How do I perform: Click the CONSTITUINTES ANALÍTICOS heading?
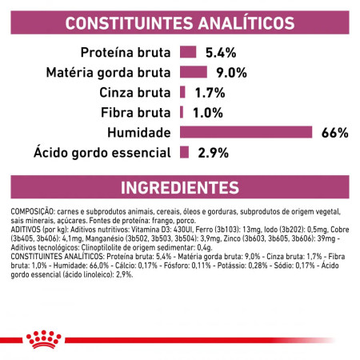[179, 22]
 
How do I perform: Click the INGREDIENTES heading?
[179, 188]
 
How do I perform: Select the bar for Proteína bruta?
[188, 53]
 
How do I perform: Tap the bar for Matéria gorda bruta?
[193, 72]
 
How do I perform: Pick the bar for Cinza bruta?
[183, 92]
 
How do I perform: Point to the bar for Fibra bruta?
[182, 111]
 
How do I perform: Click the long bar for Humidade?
[246, 131]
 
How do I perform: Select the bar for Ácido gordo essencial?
[185, 151]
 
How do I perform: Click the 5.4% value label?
[220, 53]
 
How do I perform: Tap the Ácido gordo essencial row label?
[102, 151]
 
